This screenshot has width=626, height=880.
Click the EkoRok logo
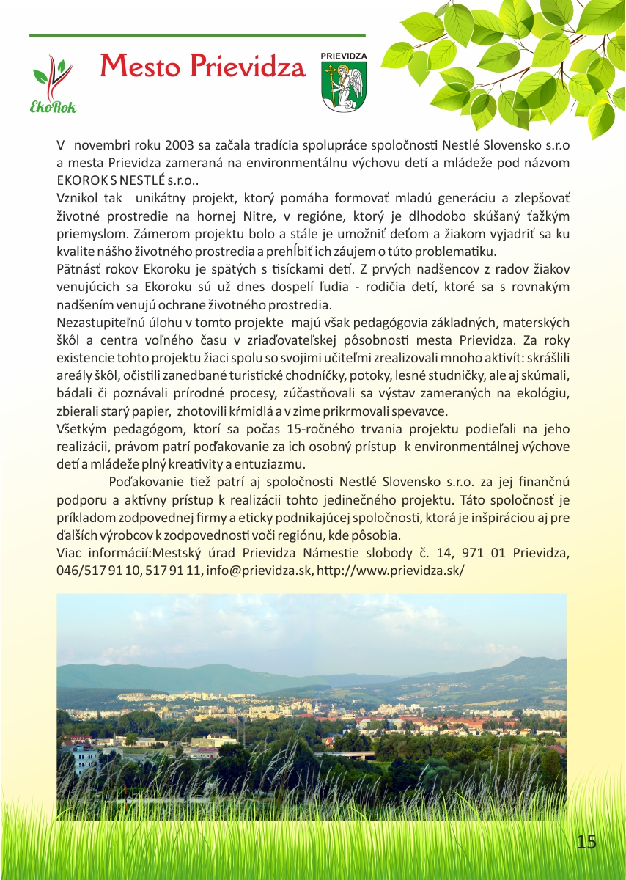tap(54, 84)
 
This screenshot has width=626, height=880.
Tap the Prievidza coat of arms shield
tap(344, 86)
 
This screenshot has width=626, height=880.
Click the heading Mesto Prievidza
tap(202, 67)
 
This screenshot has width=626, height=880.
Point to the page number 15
tap(586, 841)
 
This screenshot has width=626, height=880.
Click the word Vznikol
tap(78, 197)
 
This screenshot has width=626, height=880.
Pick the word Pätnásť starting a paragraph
tap(81, 268)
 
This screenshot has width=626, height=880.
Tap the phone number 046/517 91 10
tap(98, 571)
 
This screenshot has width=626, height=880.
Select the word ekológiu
tap(544, 393)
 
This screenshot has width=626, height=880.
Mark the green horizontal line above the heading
tap(197, 35)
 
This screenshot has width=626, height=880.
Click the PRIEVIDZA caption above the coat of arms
tap(344, 56)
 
